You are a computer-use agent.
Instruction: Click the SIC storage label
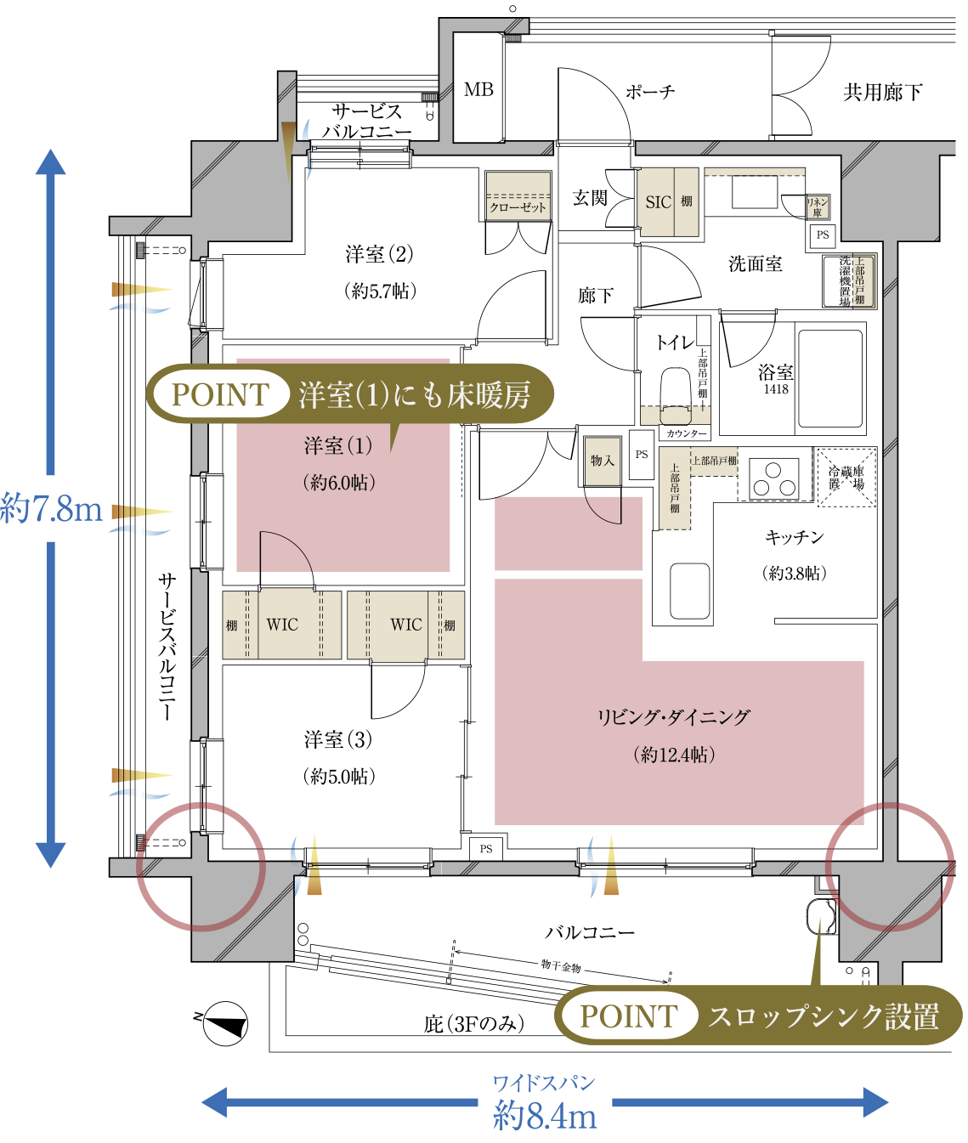(x=658, y=202)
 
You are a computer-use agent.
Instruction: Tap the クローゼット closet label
(x=518, y=207)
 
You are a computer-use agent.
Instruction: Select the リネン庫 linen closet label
(x=817, y=207)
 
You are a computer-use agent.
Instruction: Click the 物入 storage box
(x=603, y=461)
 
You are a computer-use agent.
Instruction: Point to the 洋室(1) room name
(x=338, y=445)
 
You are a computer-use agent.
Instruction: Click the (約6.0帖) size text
(x=338, y=483)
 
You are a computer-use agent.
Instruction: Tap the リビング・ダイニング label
(x=673, y=717)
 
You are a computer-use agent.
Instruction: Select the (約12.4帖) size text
(x=674, y=755)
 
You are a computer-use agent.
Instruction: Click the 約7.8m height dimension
(x=51, y=508)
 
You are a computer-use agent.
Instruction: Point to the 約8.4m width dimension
(x=545, y=1115)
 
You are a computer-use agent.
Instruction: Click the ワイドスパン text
(x=544, y=1083)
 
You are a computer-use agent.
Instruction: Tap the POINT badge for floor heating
(x=220, y=395)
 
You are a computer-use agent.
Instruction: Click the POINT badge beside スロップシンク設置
(x=628, y=1016)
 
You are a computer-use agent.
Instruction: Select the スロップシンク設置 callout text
(x=823, y=1016)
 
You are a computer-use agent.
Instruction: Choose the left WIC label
(x=282, y=625)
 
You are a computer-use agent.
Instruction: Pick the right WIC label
(x=406, y=625)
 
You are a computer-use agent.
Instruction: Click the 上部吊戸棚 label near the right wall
(x=860, y=281)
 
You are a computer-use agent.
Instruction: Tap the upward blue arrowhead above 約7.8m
(x=51, y=161)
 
